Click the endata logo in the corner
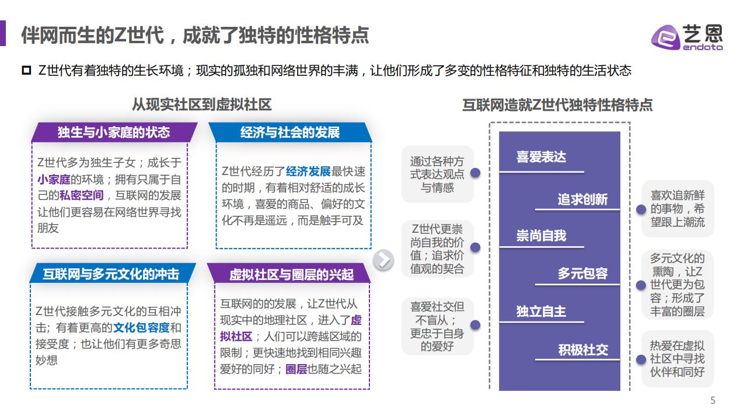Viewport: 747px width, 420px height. click(687, 37)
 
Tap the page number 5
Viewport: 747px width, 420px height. click(713, 400)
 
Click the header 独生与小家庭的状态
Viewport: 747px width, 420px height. click(114, 132)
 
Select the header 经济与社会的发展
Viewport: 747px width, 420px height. click(290, 132)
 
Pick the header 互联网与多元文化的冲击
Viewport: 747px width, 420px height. click(111, 274)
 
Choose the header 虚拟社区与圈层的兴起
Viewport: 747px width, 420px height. click(291, 275)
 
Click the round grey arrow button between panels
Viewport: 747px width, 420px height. click(383, 260)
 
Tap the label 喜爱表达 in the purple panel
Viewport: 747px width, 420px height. click(541, 157)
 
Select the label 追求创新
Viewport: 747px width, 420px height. click(582, 199)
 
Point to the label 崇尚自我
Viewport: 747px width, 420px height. click(541, 236)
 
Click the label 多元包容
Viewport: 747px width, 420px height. click(582, 274)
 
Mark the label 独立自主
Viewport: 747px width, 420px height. click(541, 311)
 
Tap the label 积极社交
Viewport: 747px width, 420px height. click(583, 350)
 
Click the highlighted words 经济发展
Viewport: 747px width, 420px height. click(308, 171)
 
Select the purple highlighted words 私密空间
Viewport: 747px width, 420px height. click(81, 195)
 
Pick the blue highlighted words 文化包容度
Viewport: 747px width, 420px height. click(141, 328)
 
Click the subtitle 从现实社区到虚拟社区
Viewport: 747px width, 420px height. click(202, 104)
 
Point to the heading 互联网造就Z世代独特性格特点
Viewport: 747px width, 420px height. click(557, 105)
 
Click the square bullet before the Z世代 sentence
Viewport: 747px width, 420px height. click(26, 71)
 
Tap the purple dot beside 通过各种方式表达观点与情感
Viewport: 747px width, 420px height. click(475, 173)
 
